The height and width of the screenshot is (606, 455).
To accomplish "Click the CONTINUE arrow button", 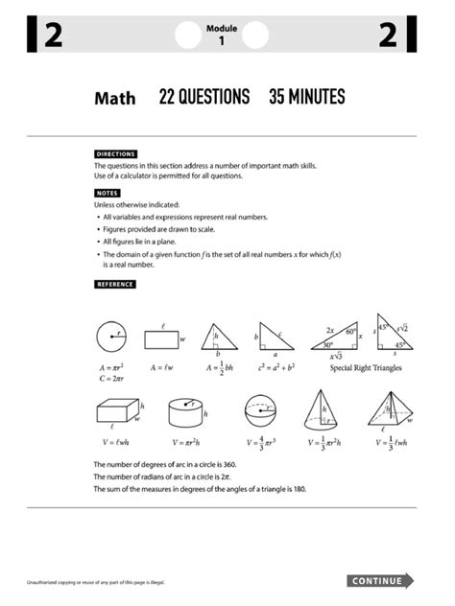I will (x=380, y=580).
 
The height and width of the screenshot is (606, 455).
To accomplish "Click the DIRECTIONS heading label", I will (x=115, y=153).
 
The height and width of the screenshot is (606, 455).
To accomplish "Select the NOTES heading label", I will (x=107, y=193).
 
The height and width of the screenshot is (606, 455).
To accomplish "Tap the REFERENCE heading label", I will (x=114, y=284).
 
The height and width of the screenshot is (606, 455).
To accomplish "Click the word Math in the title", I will (x=114, y=98).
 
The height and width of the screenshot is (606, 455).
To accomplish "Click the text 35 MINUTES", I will (x=306, y=97).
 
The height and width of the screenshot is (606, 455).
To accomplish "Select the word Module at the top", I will (x=222, y=30).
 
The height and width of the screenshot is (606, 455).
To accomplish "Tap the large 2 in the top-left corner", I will (x=54, y=36).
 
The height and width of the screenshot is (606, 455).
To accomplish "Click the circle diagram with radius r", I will (x=111, y=337).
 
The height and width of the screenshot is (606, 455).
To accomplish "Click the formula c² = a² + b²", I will (x=272, y=367).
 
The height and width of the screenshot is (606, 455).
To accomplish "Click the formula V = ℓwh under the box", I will (x=116, y=442).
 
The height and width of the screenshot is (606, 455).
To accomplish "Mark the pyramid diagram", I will (x=388, y=410).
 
